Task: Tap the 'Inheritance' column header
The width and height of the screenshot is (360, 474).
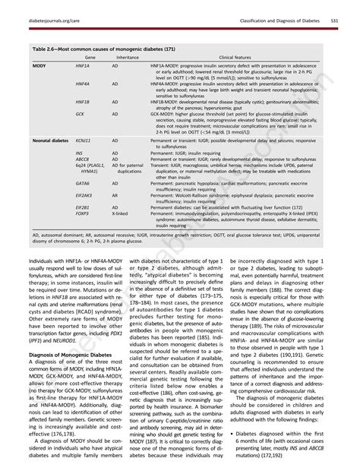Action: [x=127, y=58]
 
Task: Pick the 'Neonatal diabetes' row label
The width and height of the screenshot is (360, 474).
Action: [x=52, y=141]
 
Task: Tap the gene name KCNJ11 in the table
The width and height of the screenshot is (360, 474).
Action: [x=84, y=141]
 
